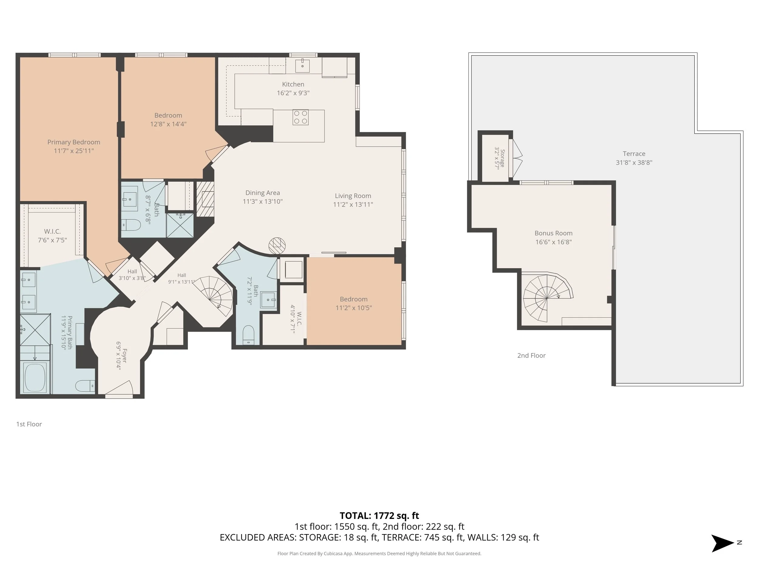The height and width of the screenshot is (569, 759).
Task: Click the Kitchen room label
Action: [x=293, y=84]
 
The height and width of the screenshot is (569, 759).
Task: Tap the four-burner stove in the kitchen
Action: [x=301, y=117]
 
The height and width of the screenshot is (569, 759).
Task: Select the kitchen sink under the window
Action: [x=302, y=66]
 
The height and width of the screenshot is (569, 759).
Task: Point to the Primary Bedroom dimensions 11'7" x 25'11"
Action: [x=74, y=151]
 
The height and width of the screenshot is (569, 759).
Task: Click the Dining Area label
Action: [x=263, y=193]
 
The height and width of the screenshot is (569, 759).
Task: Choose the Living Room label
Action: [x=353, y=196]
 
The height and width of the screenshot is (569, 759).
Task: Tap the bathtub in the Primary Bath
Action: [x=35, y=378]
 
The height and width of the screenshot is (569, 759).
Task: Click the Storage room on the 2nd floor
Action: [x=495, y=158]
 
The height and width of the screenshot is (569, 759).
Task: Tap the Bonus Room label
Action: [x=553, y=233]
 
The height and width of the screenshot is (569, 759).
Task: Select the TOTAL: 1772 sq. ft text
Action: [x=379, y=516]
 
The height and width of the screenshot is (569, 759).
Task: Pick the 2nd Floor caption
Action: [x=531, y=356]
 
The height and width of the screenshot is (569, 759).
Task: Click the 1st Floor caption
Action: [x=29, y=424]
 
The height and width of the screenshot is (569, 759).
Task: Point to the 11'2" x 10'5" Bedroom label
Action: [x=354, y=303]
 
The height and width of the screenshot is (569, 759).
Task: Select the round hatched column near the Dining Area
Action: [x=277, y=246]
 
